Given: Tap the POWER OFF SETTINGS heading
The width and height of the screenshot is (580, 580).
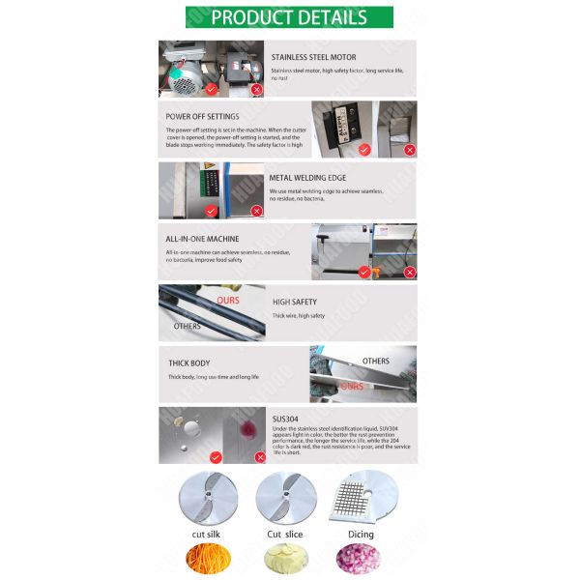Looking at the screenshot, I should [x=203, y=116].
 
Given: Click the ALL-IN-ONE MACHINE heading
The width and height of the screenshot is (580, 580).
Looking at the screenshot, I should [x=202, y=238].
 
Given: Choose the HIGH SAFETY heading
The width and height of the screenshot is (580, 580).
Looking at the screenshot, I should [x=294, y=302].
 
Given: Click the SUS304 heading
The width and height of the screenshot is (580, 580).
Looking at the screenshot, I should [x=285, y=417].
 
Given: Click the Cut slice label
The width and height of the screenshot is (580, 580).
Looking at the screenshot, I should [x=285, y=534].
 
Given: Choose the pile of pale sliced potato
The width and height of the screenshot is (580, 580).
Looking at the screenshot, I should [x=285, y=560].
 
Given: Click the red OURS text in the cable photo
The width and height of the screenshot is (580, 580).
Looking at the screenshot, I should [x=228, y=301].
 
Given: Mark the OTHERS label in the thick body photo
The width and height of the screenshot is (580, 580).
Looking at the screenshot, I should [x=375, y=361].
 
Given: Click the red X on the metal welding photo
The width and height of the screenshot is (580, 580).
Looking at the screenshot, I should [x=257, y=210].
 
